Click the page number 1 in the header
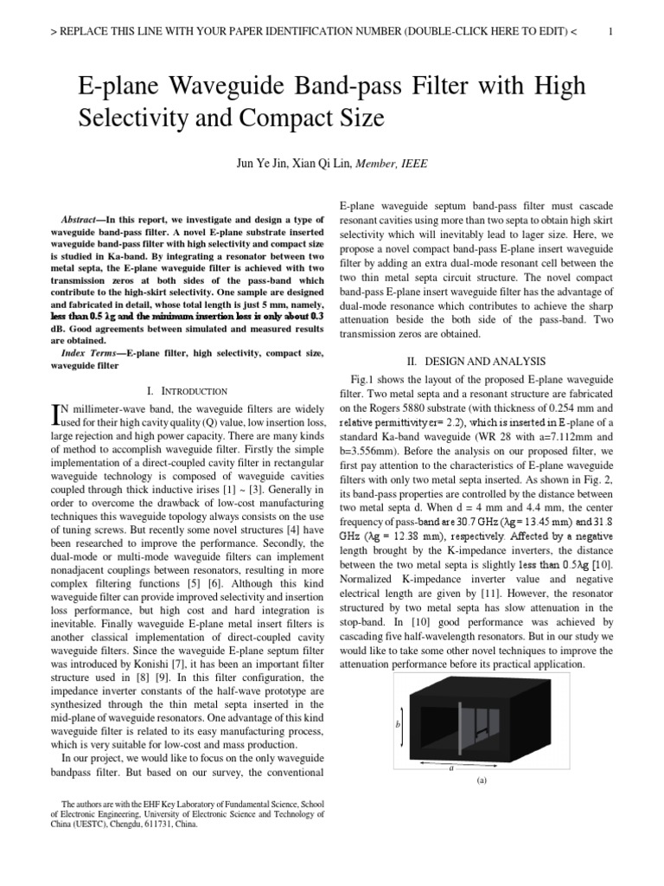(610, 32)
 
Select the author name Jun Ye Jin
(259, 163)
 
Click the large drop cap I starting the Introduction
(58, 415)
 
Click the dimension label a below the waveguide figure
(451, 767)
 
